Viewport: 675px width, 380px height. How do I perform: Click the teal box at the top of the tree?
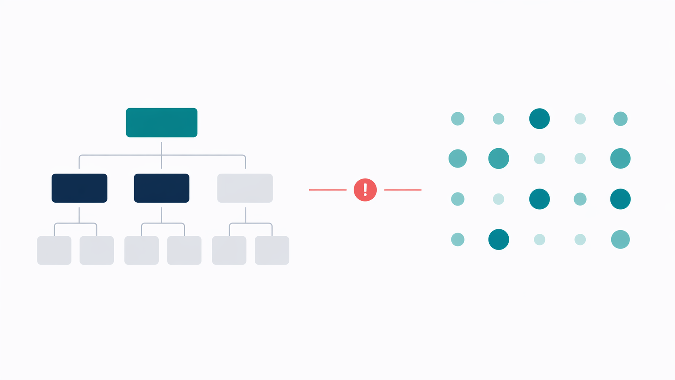[x=161, y=122]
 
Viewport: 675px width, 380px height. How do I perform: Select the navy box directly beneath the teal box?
[x=161, y=188]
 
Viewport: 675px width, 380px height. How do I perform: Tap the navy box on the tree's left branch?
[x=80, y=188]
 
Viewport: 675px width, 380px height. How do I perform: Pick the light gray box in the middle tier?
[x=245, y=188]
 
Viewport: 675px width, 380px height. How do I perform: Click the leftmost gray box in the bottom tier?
[x=54, y=250]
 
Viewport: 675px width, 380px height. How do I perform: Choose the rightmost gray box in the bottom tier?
[x=272, y=250]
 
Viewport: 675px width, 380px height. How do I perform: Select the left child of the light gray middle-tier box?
[x=229, y=250]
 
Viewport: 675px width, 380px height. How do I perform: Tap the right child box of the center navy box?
[x=184, y=250]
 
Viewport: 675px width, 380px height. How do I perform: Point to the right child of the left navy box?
[x=96, y=250]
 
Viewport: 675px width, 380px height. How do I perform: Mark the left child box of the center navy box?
[x=141, y=250]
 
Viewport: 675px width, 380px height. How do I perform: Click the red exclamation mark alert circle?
[x=365, y=190]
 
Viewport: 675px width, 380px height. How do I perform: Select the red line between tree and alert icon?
[x=327, y=190]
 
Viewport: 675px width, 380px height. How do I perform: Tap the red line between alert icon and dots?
[x=402, y=190]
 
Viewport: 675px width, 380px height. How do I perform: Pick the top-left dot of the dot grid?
[x=457, y=119]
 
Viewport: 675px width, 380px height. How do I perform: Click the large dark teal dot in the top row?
[x=539, y=119]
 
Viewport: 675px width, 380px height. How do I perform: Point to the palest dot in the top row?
[x=580, y=119]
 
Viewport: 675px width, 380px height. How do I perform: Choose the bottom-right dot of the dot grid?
[x=620, y=239]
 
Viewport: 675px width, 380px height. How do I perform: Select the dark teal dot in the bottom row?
[x=499, y=239]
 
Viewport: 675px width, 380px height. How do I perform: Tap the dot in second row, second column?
[x=499, y=158]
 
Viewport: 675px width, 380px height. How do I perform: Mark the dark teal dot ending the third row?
[x=620, y=199]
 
